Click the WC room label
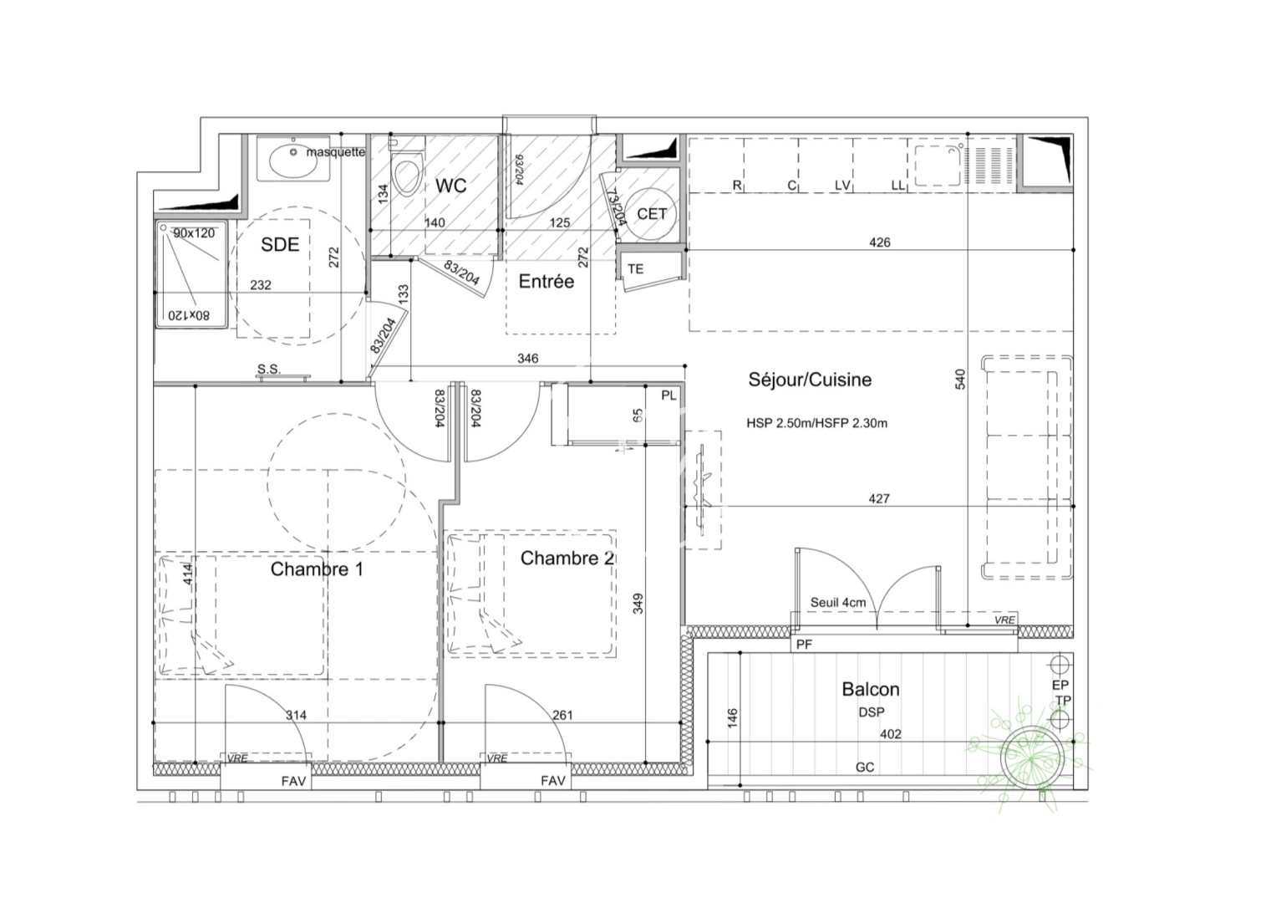tap(450, 185)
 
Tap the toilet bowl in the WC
tap(406, 176)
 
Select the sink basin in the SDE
tap(293, 159)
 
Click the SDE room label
tap(280, 244)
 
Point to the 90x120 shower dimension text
tap(194, 233)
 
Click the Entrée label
tap(546, 282)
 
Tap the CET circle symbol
tap(652, 214)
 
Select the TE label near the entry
tap(636, 269)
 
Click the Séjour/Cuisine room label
tap(809, 380)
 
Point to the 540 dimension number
tap(960, 379)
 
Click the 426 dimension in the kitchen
tap(880, 242)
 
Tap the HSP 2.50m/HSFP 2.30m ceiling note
tap(816, 423)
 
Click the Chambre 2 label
tap(567, 558)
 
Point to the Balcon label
tap(871, 690)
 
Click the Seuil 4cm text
tap(838, 603)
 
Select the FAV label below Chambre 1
tap(293, 782)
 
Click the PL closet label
tap(669, 395)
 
